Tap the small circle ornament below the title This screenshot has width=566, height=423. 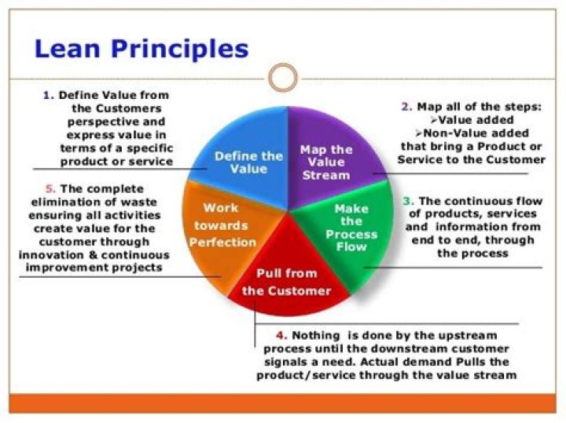[x=283, y=78]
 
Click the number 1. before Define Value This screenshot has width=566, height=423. [x=48, y=95]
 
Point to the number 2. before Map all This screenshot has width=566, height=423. [x=406, y=107]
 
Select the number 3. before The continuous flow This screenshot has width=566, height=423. [x=407, y=201]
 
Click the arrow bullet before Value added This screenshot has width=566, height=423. [x=434, y=120]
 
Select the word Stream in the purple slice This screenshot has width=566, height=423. [x=326, y=175]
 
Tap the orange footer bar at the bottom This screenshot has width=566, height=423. [x=283, y=403]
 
